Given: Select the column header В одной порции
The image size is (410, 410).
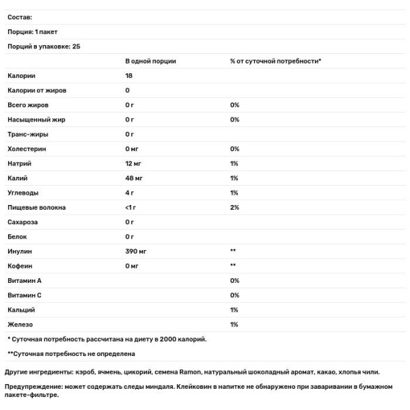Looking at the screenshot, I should pyautogui.click(x=150, y=61).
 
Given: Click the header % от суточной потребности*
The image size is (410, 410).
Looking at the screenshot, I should pyautogui.click(x=275, y=61).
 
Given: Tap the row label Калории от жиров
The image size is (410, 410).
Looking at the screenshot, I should pyautogui.click(x=37, y=90).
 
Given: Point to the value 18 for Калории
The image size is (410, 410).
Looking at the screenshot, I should pyautogui.click(x=129, y=76).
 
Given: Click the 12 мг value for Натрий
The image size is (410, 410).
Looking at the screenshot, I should pyautogui.click(x=135, y=164).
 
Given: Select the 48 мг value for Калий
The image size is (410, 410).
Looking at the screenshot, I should pyautogui.click(x=135, y=178).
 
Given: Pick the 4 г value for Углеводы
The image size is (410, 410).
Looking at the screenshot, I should pyautogui.click(x=130, y=193).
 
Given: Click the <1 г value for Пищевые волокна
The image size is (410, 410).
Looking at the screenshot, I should pyautogui.click(x=131, y=207).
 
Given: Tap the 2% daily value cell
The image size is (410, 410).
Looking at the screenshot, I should pyautogui.click(x=234, y=207).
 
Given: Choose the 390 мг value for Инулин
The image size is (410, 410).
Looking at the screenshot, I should pyautogui.click(x=137, y=251).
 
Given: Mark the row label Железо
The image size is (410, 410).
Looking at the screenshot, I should pyautogui.click(x=20, y=324).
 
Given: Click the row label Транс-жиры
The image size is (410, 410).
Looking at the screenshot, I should pyautogui.click(x=27, y=135).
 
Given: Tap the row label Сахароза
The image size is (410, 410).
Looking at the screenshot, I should pyautogui.click(x=23, y=222).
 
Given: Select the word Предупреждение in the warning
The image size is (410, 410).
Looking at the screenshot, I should pyautogui.click(x=34, y=387).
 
